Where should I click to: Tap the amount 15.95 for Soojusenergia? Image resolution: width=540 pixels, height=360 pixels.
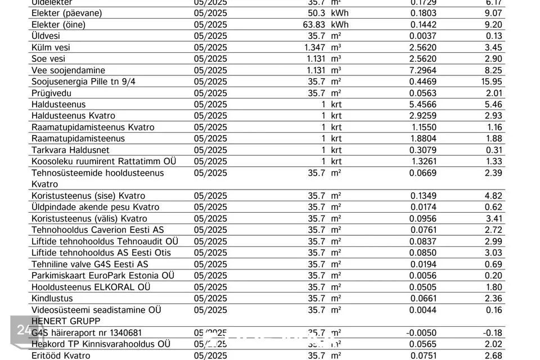click(x=492, y=82)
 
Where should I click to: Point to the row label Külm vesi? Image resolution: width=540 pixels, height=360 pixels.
click(x=51, y=47)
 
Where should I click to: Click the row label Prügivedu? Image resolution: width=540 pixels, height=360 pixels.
click(x=51, y=93)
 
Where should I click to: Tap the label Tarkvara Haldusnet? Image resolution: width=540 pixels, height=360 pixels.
click(x=70, y=150)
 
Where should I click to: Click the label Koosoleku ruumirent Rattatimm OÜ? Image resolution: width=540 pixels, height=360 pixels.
click(x=103, y=161)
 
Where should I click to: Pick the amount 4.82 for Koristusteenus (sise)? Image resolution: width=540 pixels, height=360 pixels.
click(x=493, y=196)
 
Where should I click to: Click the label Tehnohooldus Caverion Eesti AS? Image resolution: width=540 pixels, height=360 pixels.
click(x=97, y=230)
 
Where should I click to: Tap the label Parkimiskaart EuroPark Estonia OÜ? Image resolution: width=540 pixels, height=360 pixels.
click(x=102, y=276)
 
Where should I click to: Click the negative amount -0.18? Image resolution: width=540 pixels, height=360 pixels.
click(x=493, y=332)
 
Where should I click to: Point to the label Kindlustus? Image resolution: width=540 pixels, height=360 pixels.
click(x=52, y=298)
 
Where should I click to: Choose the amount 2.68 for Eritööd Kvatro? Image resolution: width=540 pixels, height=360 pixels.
click(x=493, y=355)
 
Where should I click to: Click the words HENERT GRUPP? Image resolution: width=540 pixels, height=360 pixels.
click(x=66, y=321)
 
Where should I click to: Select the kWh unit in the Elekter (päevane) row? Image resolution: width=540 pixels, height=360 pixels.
click(x=340, y=13)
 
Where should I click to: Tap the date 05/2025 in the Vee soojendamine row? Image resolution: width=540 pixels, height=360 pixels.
click(x=210, y=70)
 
